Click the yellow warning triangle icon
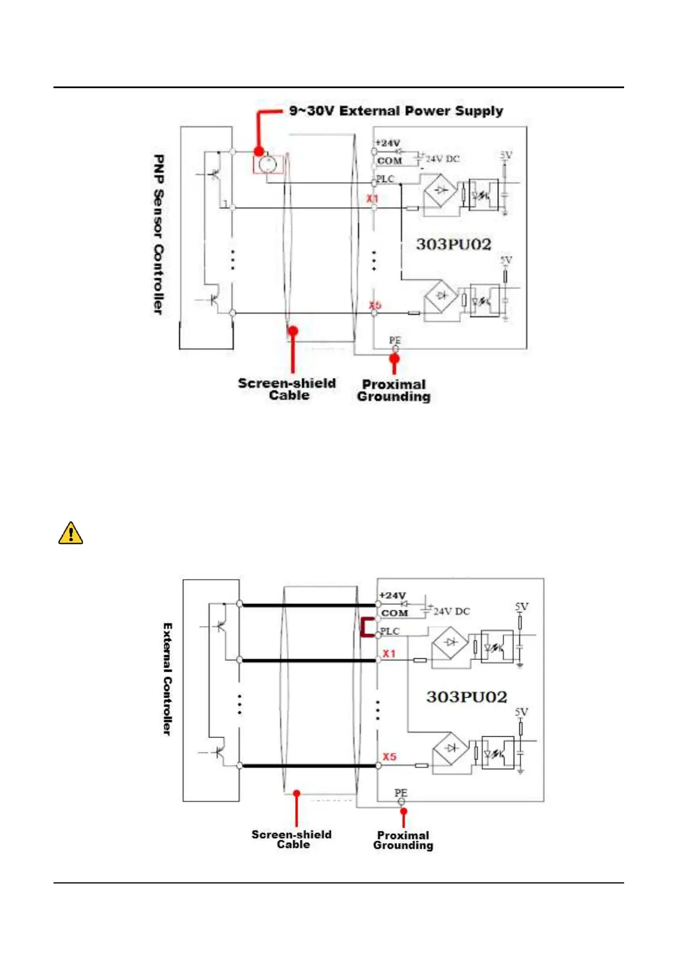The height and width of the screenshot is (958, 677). coord(71,534)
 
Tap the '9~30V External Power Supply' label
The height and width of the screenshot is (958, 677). coord(396,111)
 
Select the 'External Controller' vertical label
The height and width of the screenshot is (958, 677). coord(167,679)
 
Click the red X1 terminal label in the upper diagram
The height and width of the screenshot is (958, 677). coord(372,199)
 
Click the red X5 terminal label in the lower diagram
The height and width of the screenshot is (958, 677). coord(389,757)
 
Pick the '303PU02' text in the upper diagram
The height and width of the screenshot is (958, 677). coord(453,244)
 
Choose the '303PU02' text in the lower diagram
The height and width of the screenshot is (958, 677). coord(467,697)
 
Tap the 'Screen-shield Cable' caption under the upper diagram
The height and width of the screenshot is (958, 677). coord(287,389)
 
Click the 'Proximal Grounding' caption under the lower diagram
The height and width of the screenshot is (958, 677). coord(403,840)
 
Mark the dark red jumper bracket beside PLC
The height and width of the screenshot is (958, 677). coord(366,627)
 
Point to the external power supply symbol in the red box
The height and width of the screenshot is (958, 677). coord(267,165)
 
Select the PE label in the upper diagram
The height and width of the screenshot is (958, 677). coord(395,340)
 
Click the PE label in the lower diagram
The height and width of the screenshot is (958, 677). coord(401,792)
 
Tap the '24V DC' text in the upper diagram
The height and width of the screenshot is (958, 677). coord(443,159)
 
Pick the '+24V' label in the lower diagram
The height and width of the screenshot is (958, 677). coord(393,595)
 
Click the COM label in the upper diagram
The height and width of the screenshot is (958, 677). coord(389,161)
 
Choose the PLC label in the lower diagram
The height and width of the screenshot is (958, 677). coord(390,631)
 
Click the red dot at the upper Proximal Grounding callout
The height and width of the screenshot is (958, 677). coord(394,358)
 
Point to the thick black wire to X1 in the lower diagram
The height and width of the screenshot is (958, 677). coord(307,660)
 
